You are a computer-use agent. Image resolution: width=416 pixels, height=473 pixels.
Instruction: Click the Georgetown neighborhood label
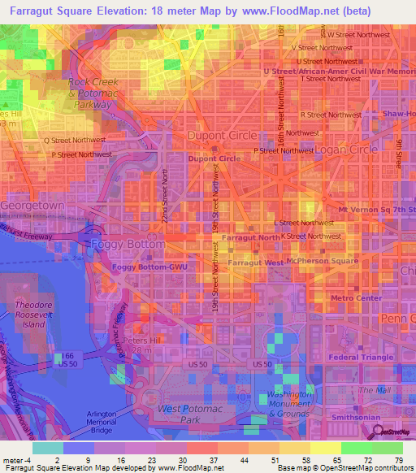click(x=32, y=206)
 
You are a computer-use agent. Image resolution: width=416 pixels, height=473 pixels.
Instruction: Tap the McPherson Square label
click(x=327, y=261)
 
